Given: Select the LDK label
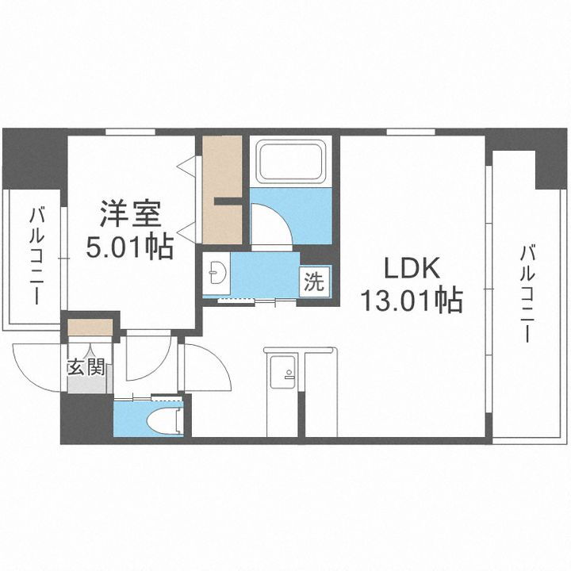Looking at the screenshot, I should [412, 268].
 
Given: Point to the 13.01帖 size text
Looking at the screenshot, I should [412, 301].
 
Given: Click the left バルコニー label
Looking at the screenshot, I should [36, 255].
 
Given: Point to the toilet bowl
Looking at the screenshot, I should [169, 420].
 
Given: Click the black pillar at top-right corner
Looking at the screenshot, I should [547, 159].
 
